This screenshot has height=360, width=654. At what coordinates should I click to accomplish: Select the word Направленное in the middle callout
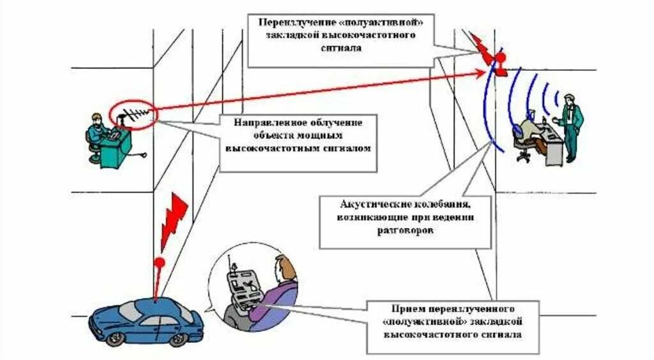tap(261, 121)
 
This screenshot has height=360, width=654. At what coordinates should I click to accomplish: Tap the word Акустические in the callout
tap(370, 205)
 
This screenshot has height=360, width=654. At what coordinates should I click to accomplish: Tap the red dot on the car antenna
tap(160, 261)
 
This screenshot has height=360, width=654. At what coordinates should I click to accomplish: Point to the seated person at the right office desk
tap(529, 125)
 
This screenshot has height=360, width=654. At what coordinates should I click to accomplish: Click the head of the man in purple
tap(284, 265)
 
